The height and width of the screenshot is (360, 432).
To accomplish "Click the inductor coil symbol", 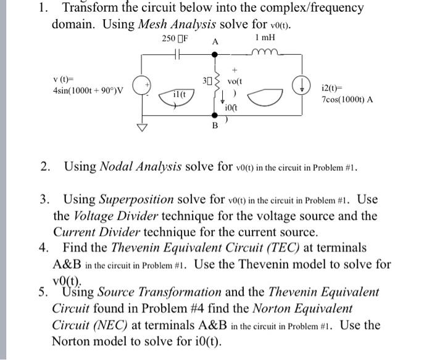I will coord(267,52).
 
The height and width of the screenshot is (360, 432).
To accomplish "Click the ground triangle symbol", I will coord(143,128).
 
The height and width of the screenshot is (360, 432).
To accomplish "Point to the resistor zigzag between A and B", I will coord(215,86).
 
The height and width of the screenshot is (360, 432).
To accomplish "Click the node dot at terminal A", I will coord(215,54).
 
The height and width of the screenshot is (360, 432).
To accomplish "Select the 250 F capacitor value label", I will coord(175,38).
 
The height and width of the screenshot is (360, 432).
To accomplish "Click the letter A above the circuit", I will coord(215,42).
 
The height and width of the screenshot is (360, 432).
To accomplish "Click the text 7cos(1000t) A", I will coord(346,99).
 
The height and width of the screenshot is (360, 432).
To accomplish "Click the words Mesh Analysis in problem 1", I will coord(177,25).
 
